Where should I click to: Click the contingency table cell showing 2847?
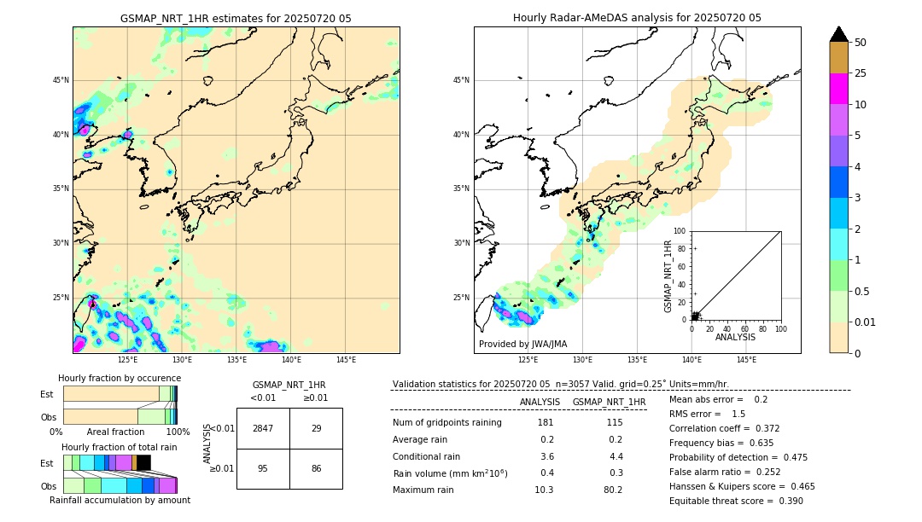(x=263, y=428)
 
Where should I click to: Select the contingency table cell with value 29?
(x=316, y=428)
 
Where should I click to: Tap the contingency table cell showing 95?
(x=263, y=468)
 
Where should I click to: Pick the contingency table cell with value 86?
(x=316, y=468)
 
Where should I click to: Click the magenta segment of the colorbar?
(x=838, y=89)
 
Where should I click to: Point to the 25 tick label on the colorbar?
(x=861, y=73)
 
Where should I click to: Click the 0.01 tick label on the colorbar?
(x=863, y=322)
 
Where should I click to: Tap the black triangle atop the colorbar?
(x=838, y=34)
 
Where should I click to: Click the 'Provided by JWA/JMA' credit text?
(x=522, y=345)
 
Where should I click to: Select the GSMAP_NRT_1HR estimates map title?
(x=236, y=18)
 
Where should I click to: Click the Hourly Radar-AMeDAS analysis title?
(x=637, y=18)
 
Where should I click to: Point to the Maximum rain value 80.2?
(x=613, y=490)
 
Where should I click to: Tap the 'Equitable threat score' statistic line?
(x=736, y=501)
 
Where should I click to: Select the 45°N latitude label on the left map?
(x=61, y=80)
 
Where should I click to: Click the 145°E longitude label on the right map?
(x=746, y=360)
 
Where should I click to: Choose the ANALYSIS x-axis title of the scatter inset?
(x=735, y=337)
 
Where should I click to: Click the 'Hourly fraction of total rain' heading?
(x=120, y=447)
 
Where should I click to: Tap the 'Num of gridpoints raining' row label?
(x=446, y=423)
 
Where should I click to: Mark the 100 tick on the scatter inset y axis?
(x=680, y=231)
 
